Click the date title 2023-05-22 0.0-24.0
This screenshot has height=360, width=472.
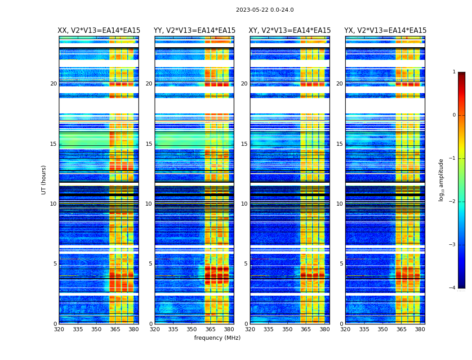[265, 10]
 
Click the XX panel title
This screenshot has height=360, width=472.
[99, 31]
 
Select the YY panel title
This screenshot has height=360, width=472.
[194, 31]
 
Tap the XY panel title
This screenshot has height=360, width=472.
[290, 31]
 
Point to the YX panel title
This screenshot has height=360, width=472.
[385, 31]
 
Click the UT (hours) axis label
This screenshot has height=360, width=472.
[44, 180]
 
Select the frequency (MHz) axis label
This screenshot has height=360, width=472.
[217, 338]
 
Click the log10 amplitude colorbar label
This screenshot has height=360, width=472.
[441, 180]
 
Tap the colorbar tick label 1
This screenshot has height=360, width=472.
[454, 72]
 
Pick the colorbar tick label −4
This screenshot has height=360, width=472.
[453, 288]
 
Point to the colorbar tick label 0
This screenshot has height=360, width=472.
[454, 115]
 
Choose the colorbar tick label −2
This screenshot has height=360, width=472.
[453, 202]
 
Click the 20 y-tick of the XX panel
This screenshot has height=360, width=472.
[53, 84]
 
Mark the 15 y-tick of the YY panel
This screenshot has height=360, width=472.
[149, 144]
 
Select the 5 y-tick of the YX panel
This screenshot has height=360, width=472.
[341, 264]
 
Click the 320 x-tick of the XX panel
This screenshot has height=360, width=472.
[59, 329]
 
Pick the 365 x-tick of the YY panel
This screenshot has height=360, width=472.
[210, 329]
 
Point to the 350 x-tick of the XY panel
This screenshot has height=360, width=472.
[287, 329]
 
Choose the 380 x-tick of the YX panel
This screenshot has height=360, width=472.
[420, 329]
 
